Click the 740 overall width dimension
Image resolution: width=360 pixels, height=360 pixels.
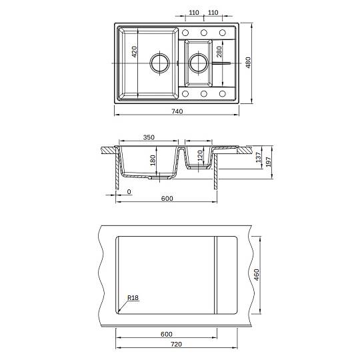(x=177, y=111)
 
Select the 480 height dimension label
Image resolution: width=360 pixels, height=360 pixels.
(x=248, y=63)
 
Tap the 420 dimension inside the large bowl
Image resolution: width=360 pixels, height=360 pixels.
(x=134, y=51)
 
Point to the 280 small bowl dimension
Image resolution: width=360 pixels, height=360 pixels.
(x=219, y=51)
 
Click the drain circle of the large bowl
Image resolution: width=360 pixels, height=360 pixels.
(x=160, y=63)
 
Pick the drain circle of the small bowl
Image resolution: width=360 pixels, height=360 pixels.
(x=199, y=63)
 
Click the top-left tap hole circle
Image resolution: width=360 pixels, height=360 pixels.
(x=185, y=33)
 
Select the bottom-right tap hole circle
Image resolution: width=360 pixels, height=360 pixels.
(x=222, y=94)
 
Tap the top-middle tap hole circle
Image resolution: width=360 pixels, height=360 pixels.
(x=203, y=33)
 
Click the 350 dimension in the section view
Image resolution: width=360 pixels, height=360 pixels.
(x=149, y=137)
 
